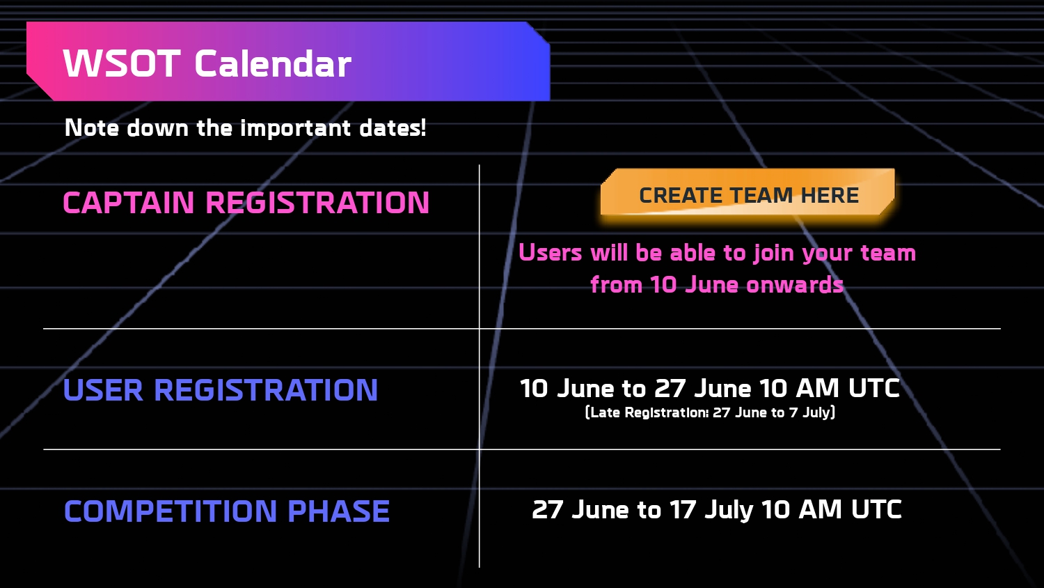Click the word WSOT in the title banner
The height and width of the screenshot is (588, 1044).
(122, 63)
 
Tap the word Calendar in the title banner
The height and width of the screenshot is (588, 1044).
(273, 63)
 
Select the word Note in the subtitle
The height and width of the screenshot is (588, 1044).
(92, 128)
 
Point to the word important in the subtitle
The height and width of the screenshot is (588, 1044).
(296, 129)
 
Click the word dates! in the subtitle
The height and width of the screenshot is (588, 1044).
(393, 128)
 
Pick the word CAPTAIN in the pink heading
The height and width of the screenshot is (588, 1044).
(129, 203)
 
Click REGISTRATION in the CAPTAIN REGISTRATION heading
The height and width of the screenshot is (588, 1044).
(317, 203)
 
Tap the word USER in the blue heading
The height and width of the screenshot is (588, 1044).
(103, 390)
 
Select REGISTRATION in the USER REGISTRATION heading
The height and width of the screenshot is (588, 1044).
(266, 390)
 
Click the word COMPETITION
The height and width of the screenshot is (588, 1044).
(171, 511)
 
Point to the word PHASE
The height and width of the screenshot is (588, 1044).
(338, 511)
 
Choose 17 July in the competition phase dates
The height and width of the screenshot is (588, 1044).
(711, 510)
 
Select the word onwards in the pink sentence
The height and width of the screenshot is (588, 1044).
(795, 285)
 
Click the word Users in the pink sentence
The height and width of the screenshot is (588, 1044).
(551, 252)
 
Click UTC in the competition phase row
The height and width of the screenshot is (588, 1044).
(877, 509)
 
